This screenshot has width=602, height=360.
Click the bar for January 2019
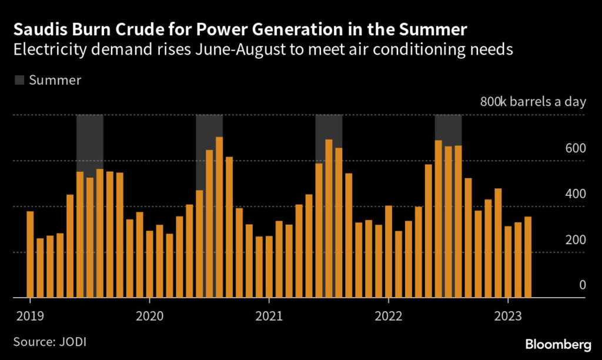pyautogui.click(x=30, y=254)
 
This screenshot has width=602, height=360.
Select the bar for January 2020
pyautogui.click(x=149, y=264)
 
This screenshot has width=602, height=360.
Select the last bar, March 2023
pyautogui.click(x=528, y=257)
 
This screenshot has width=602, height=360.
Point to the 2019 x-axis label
pyautogui.click(x=28, y=316)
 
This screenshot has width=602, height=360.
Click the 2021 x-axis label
pyautogui.click(x=268, y=316)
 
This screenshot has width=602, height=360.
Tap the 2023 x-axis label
pyautogui.click(x=507, y=316)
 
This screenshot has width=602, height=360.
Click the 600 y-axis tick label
pyautogui.click(x=576, y=148)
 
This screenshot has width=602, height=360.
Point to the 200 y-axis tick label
pyautogui.click(x=576, y=239)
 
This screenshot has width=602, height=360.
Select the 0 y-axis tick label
pyautogui.click(x=582, y=285)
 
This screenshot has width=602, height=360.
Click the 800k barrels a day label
pyautogui.click(x=533, y=102)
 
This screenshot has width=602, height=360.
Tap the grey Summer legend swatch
pyautogui.click(x=19, y=80)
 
